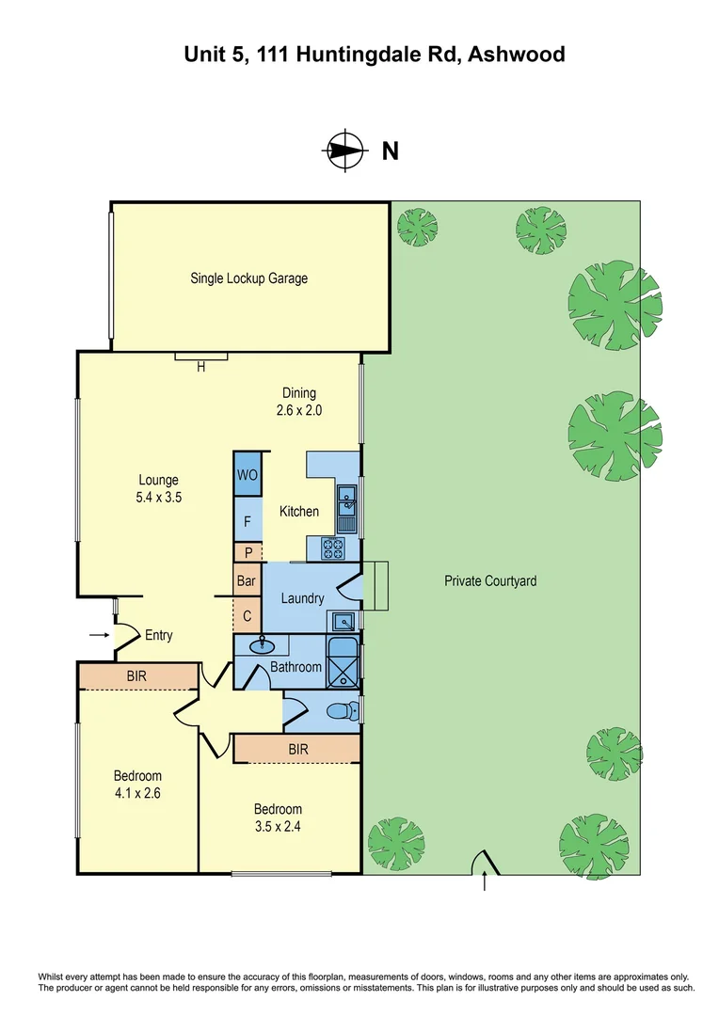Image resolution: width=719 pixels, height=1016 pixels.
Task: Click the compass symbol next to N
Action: click(x=344, y=150)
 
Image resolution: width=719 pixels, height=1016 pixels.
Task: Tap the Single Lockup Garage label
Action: click(x=248, y=278)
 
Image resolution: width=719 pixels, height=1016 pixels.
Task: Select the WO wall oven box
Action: click(x=248, y=474)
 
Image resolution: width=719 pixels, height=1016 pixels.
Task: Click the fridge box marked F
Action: click(x=248, y=519)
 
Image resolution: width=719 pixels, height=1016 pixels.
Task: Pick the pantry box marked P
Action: click(x=248, y=553)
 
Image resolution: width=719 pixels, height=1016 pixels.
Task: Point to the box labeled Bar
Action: click(x=247, y=581)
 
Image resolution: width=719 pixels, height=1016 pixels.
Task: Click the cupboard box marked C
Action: click(x=247, y=616)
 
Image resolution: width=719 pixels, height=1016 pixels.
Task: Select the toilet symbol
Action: click(x=343, y=712)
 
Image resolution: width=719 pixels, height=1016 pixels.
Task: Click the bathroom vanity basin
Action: click(x=261, y=646)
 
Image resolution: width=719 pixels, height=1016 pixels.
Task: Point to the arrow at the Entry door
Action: click(x=99, y=636)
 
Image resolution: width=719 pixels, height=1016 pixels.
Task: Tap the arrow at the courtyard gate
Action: click(x=485, y=881)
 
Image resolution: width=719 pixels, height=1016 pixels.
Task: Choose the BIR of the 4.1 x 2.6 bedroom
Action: click(x=137, y=675)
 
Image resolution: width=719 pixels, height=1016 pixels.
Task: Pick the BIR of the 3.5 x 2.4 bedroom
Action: click(x=298, y=749)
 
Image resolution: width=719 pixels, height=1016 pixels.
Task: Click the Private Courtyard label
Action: click(x=490, y=581)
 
